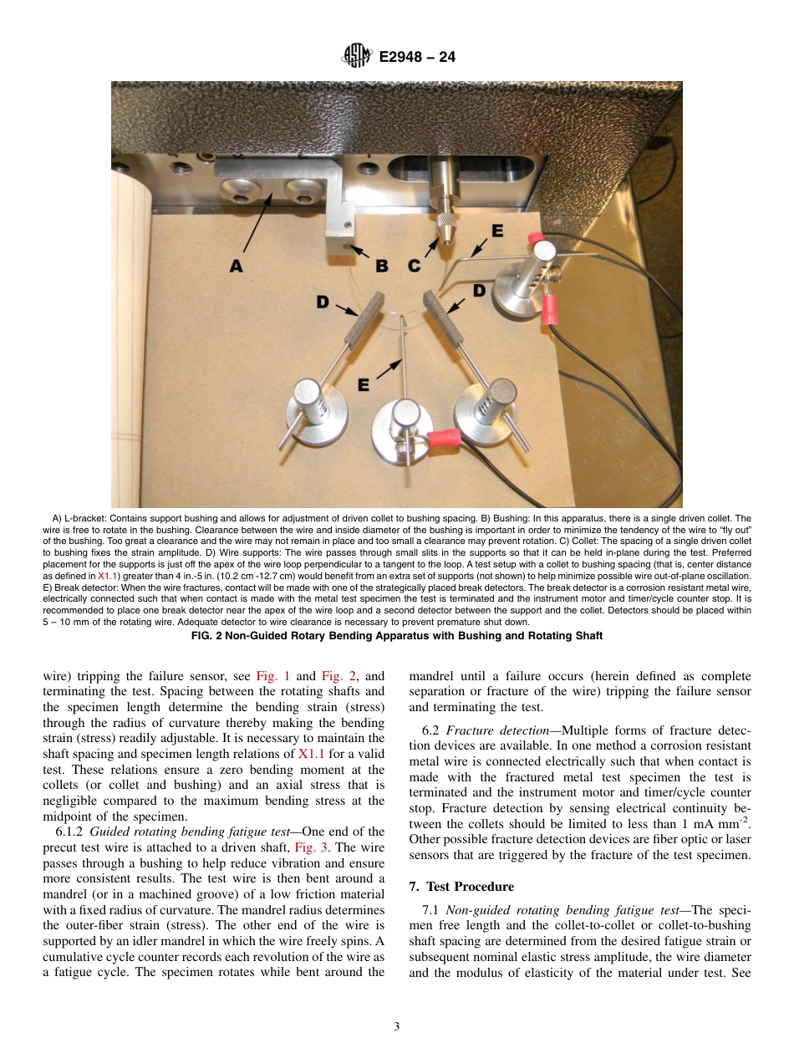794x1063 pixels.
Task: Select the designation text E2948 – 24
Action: (x=417, y=58)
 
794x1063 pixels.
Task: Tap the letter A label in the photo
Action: (x=237, y=266)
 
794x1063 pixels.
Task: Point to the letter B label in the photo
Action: (x=381, y=266)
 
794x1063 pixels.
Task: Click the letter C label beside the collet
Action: (x=414, y=266)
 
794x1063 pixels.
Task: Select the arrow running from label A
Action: (x=258, y=225)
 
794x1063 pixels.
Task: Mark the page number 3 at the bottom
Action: (x=397, y=1026)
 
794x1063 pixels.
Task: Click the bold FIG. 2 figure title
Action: (x=397, y=635)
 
